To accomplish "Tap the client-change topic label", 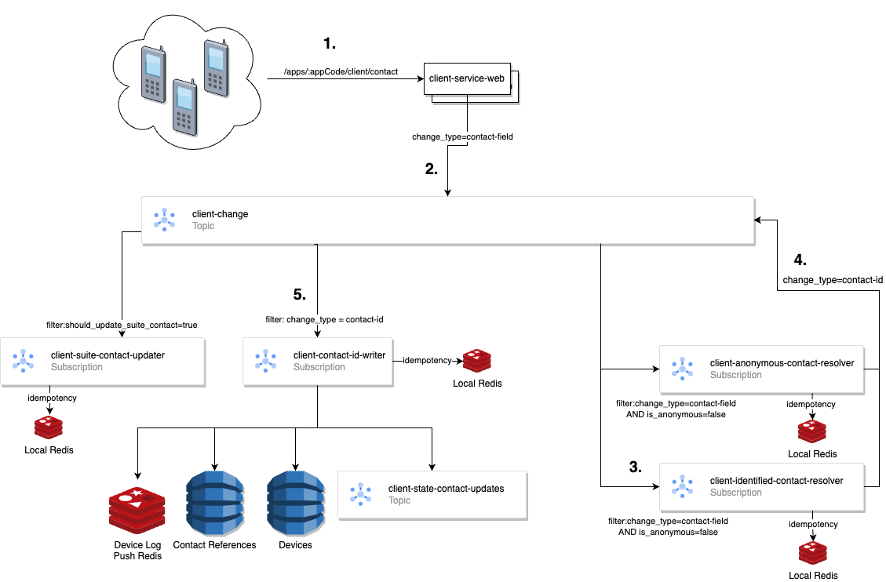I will pos(220,214).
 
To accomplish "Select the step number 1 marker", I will pos(330,43).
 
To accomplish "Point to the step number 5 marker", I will pos(299,294).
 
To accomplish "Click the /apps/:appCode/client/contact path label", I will pos(341,71).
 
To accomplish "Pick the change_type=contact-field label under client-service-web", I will pos(462,136).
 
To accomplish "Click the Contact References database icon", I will pos(214,503).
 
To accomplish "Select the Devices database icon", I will pos(295,503).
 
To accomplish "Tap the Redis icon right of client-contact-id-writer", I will pos(476,362).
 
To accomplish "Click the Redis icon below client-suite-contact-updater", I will pos(49,427).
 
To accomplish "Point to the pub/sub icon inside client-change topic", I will pos(164,220).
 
